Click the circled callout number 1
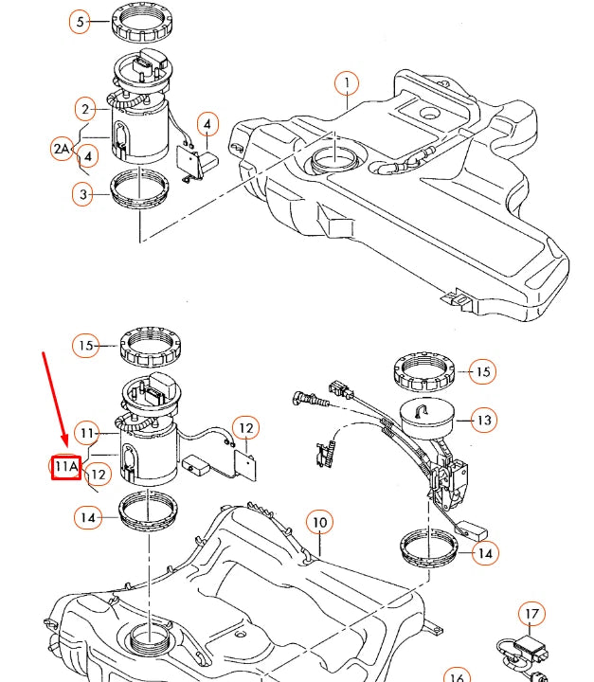[x=348, y=83]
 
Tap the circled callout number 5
[x=81, y=21]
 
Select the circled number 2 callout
[x=85, y=109]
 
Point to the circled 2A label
[x=62, y=149]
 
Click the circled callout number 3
[x=83, y=194]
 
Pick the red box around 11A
[x=65, y=466]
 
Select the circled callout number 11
[x=87, y=434]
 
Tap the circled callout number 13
[x=484, y=419]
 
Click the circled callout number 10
[x=319, y=522]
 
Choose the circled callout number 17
[x=532, y=614]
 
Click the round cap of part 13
[x=423, y=415]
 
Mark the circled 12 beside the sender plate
[x=245, y=428]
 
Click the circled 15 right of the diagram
[x=482, y=371]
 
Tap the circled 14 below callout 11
[x=87, y=516]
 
